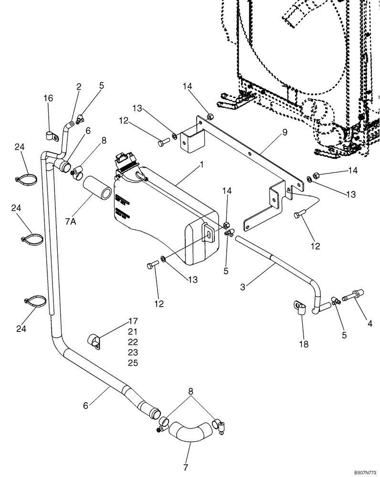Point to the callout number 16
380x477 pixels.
click(48, 98)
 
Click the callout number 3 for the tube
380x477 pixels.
click(244, 287)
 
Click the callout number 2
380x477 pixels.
click(79, 86)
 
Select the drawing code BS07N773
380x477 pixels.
click(365, 472)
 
